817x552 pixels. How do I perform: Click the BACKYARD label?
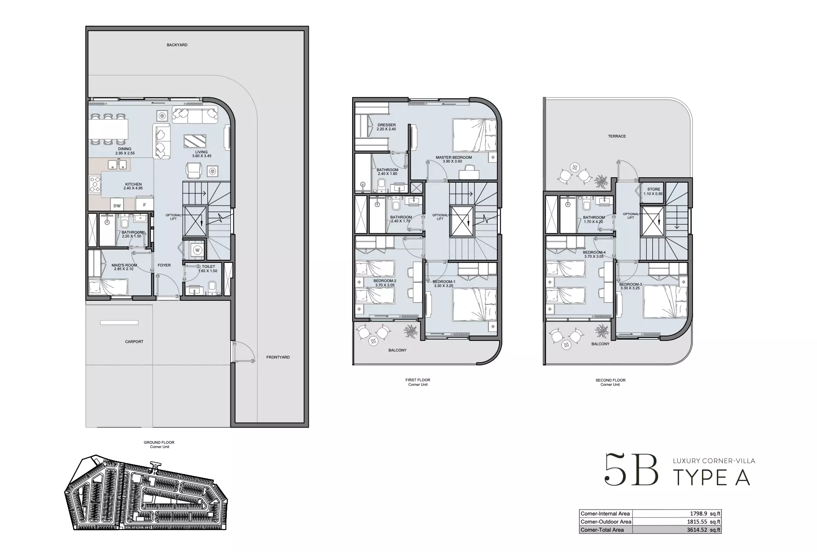point(177,45)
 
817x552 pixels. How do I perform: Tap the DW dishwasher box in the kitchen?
point(117,205)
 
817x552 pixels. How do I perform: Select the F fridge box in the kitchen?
point(144,205)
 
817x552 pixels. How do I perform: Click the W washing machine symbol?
point(197,249)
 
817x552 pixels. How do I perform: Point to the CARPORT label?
point(134,342)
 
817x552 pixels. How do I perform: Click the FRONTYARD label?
point(278,357)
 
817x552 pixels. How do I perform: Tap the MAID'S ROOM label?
point(124,265)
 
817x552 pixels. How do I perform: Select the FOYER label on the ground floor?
point(164,265)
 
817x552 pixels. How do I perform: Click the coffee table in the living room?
point(195,142)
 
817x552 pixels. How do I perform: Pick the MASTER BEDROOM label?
point(454,157)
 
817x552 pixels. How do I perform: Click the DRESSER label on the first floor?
point(386,125)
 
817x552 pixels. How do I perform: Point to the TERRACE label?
point(617,136)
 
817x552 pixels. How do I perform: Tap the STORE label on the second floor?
point(654,189)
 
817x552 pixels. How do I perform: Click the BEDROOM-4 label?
point(594,252)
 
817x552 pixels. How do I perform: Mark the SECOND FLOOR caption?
point(610,380)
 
